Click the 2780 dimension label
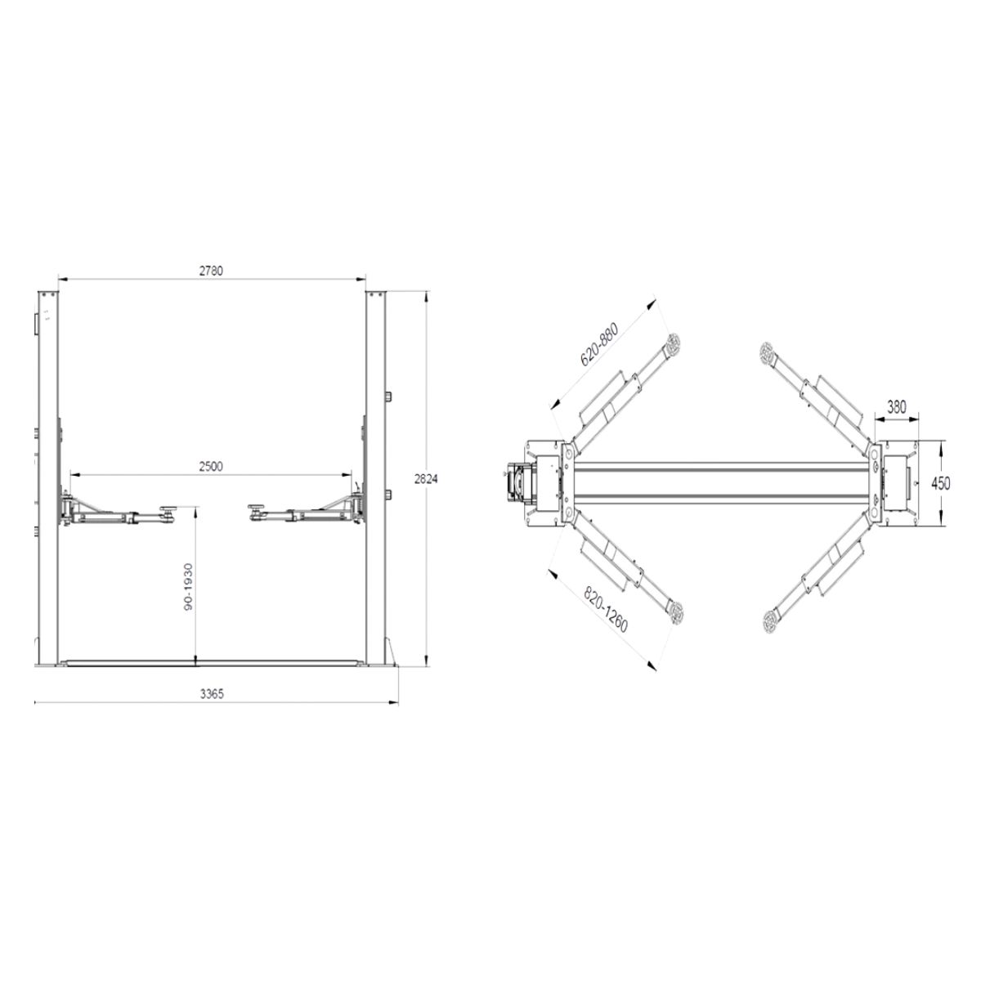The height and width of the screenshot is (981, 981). tap(211, 271)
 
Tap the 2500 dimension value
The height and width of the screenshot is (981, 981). tap(211, 466)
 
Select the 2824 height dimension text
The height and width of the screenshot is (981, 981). tap(426, 479)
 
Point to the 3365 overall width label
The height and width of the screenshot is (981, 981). tap(212, 694)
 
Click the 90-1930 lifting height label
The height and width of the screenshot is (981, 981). tap(188, 587)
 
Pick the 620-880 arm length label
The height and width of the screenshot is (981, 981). tap(598, 345)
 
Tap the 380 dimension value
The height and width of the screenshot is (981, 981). tap(897, 407)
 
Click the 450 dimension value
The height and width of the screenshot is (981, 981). tap(940, 483)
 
